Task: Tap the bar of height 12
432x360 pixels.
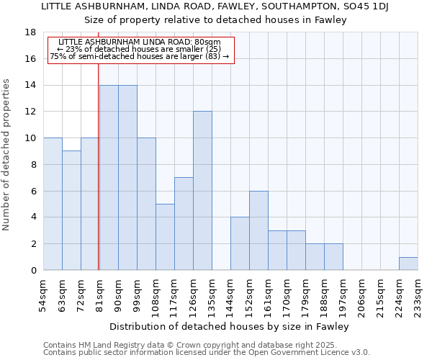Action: tap(202, 191)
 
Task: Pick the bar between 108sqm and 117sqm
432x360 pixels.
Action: tap(165, 237)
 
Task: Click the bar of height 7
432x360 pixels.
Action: tap(184, 224)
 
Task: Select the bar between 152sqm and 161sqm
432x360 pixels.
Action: tap(258, 230)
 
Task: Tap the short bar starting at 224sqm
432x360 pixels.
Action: tap(408, 264)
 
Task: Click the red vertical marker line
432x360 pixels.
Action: tap(98, 180)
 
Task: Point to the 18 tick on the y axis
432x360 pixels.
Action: tap(31, 32)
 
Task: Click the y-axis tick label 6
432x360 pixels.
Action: tap(33, 191)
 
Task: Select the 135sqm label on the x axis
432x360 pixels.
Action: tap(212, 295)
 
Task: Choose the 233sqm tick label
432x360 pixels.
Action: tap(418, 295)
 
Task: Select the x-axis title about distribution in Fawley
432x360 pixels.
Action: tap(230, 326)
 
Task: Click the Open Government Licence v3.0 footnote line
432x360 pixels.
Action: tap(207, 352)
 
